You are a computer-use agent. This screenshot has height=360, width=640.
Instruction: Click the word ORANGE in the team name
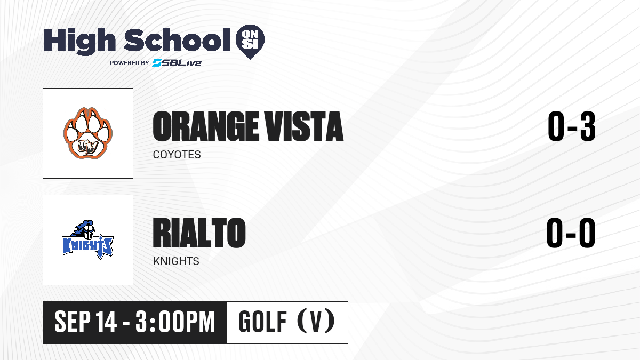pyautogui.click(x=203, y=126)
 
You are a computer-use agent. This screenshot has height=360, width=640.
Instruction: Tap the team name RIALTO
pyautogui.click(x=199, y=233)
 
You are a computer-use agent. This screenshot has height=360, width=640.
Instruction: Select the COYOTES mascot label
pyautogui.click(x=177, y=155)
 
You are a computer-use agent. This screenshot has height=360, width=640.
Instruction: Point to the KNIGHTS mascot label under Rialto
pyautogui.click(x=176, y=261)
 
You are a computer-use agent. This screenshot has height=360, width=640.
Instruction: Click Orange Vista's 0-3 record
pyautogui.click(x=572, y=126)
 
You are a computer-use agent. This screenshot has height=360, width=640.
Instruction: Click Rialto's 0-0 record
pyautogui.click(x=571, y=233)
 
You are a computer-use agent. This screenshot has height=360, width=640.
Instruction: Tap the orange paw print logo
pyautogui.click(x=88, y=133)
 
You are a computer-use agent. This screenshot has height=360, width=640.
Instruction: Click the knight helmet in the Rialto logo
pyautogui.click(x=89, y=231)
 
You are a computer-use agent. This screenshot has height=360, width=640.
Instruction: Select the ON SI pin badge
pyautogui.click(x=250, y=42)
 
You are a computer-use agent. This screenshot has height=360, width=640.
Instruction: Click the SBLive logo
pyautogui.click(x=177, y=63)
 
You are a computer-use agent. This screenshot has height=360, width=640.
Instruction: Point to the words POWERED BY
pyautogui.click(x=130, y=63)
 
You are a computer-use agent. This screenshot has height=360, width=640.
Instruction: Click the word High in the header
pyautogui.click(x=80, y=41)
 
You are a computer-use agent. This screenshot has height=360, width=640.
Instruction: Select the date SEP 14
pyautogui.click(x=86, y=322)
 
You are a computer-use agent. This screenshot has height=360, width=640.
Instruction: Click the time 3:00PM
pyautogui.click(x=175, y=322)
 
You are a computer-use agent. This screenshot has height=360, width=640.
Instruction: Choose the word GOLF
pyautogui.click(x=263, y=322)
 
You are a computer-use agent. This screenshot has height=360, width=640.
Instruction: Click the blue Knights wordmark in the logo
pyautogui.click(x=87, y=246)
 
